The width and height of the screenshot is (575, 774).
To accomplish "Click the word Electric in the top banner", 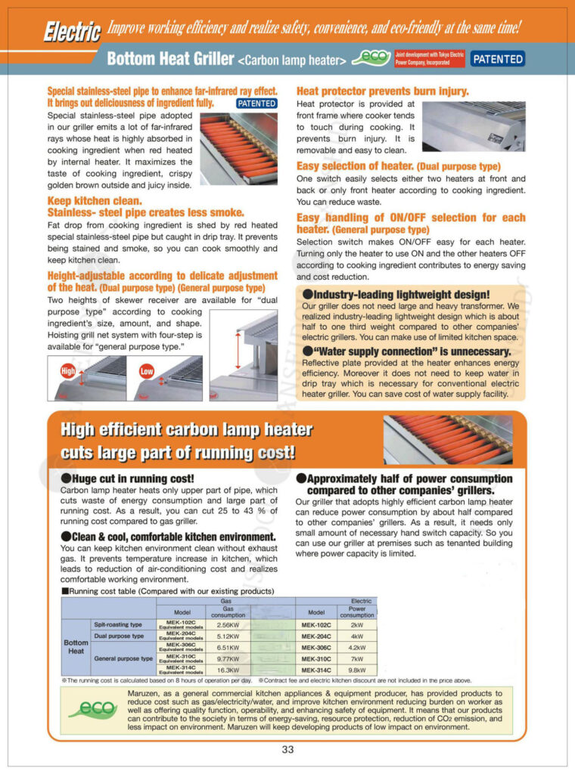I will coord(71,31).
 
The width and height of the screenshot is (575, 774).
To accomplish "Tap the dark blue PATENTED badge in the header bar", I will coord(498,59).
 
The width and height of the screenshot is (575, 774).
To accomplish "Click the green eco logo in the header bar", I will coord(373,58).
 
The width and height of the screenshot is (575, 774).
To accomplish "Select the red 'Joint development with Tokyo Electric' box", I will coord(428,59).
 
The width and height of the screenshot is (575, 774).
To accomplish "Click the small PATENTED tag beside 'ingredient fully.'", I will coord(256,103).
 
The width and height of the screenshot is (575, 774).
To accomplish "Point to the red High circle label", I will coord(68,371).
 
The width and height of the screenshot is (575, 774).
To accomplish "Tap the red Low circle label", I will coord(147,371).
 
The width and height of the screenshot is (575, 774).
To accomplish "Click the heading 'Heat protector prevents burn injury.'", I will coord(382,91).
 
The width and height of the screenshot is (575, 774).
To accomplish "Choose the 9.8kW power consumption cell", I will coord(357,670).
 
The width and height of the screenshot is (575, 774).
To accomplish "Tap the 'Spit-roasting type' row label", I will coord(117,625).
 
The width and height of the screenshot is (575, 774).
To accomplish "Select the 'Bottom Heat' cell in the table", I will coord(76,647).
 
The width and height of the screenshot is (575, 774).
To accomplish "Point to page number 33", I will coord(287,750).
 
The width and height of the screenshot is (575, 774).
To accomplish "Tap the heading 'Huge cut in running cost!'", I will coord(127,478).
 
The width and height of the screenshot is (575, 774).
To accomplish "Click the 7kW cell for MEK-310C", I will coord(357,658).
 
